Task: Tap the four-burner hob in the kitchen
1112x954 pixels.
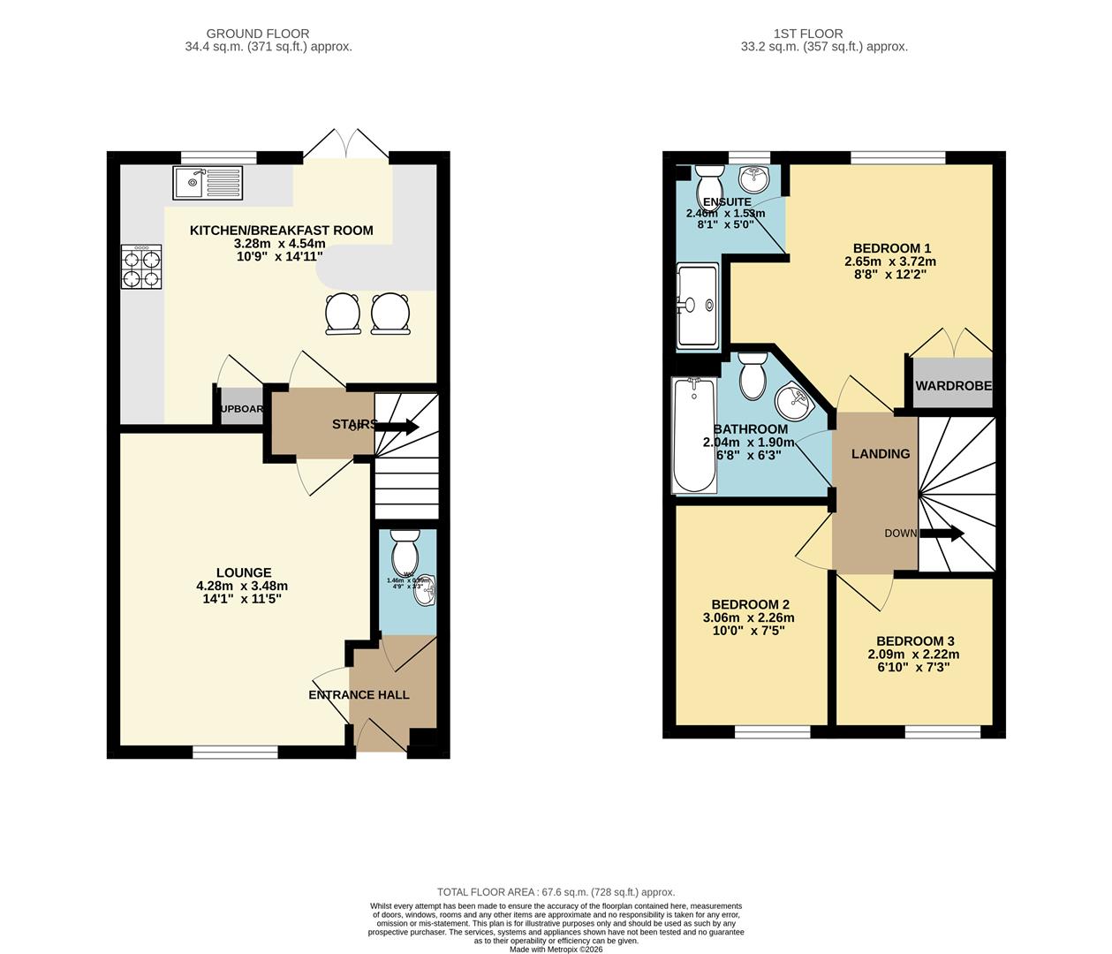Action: tap(141, 267)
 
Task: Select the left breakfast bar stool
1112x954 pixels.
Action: tap(344, 314)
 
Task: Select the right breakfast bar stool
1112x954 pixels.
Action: tap(390, 314)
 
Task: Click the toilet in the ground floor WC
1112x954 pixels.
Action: tap(405, 553)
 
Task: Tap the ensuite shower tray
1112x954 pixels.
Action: tap(698, 305)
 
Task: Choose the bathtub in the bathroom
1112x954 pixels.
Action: tap(694, 436)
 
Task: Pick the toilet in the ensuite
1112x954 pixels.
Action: tap(710, 184)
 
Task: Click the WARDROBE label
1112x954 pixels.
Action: tap(953, 386)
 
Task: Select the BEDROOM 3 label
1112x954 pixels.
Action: tap(914, 641)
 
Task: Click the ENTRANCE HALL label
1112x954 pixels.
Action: tap(359, 695)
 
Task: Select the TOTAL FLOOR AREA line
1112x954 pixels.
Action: tap(556, 892)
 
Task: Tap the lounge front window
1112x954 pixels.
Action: tap(235, 752)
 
